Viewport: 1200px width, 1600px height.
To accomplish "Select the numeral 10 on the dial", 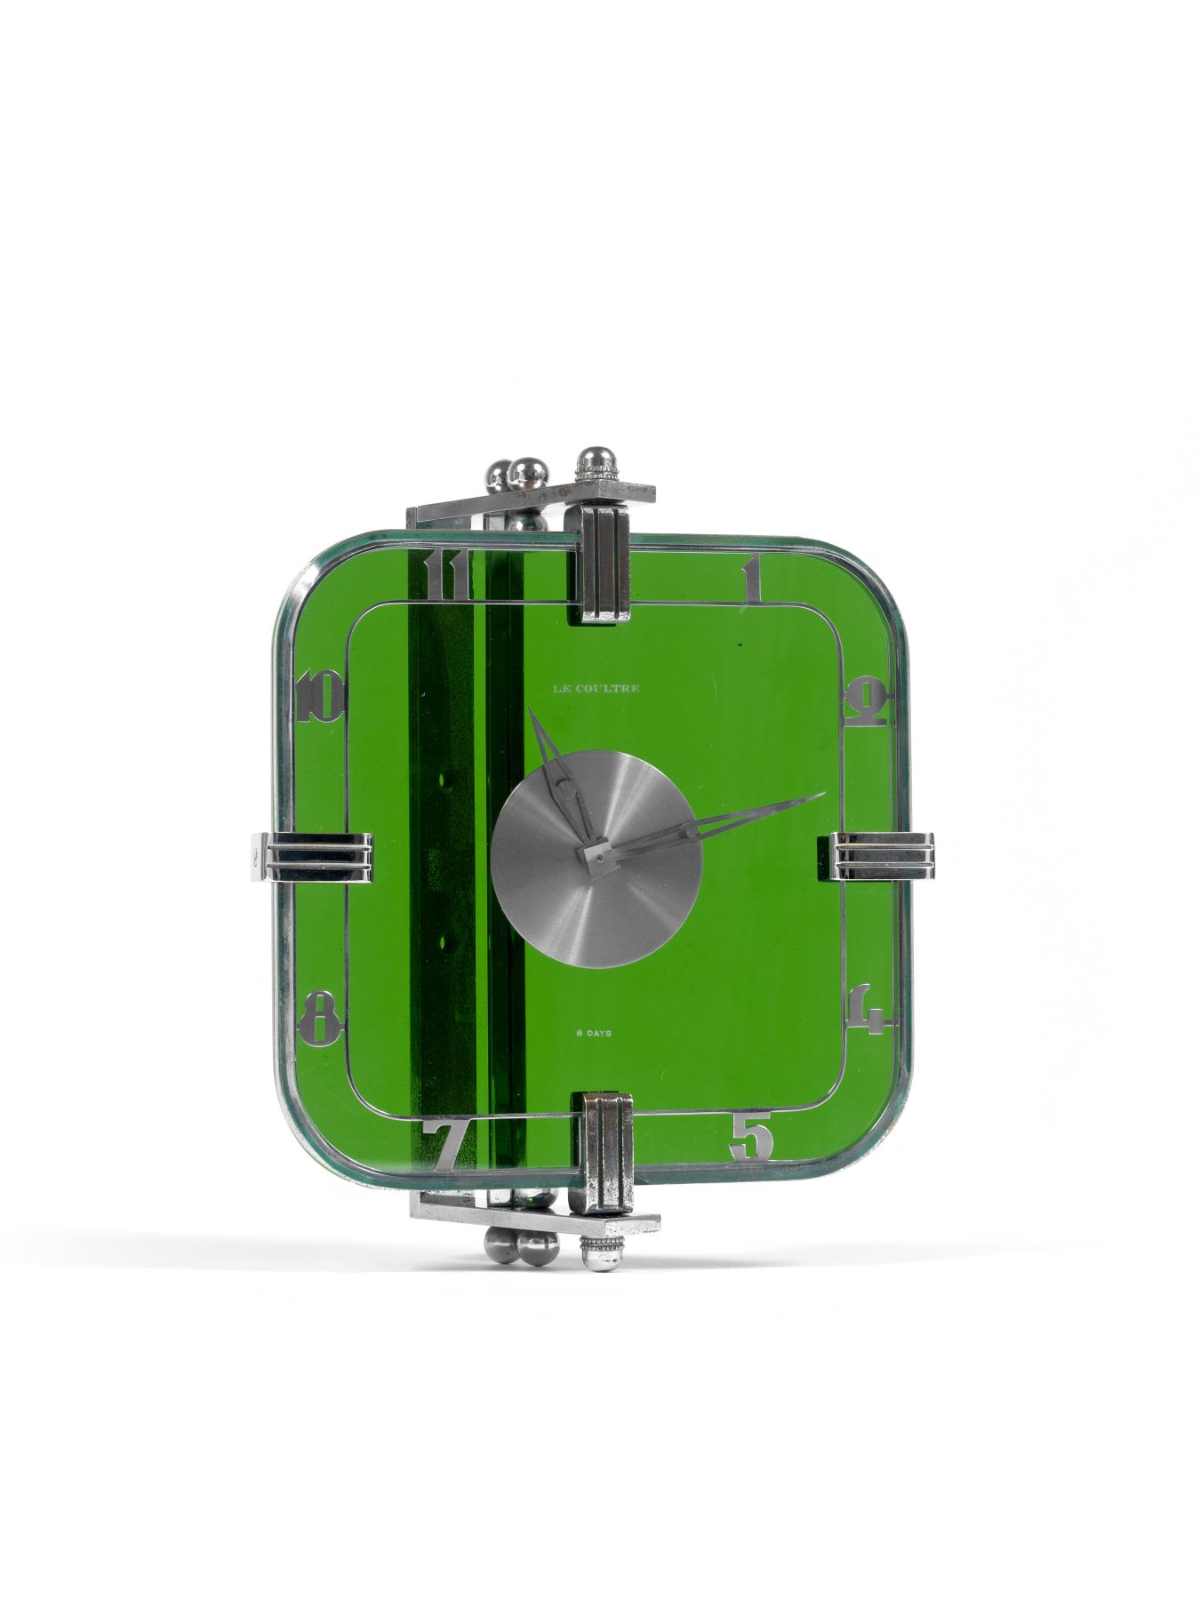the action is pos(321,697).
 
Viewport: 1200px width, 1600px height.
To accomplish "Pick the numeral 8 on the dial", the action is pos(321,1015).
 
